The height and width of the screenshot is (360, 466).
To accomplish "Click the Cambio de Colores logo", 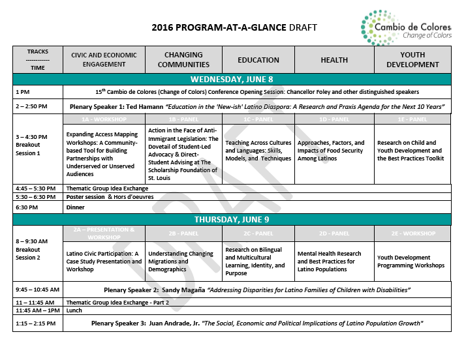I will click(405, 27).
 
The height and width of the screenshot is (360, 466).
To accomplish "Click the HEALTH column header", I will click(334, 60).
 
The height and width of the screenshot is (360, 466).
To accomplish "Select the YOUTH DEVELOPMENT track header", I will click(412, 60).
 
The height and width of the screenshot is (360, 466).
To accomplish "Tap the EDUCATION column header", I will click(258, 60).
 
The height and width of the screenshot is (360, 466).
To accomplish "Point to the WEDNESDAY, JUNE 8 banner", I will click(232, 80).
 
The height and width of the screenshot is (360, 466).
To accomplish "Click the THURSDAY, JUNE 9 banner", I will click(232, 220).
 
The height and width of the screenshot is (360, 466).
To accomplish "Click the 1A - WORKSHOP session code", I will click(104, 119).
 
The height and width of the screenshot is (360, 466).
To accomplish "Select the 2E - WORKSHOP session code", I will click(412, 233).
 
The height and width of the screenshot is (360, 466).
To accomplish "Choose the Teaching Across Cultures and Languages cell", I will click(258, 151).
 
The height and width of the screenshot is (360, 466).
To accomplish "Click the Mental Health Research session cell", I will click(330, 262).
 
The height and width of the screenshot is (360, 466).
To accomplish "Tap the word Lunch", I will click(75, 311).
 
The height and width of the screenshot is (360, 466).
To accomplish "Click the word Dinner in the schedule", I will click(76, 207).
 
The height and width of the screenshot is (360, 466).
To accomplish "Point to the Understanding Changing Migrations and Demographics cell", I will click(181, 262).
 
